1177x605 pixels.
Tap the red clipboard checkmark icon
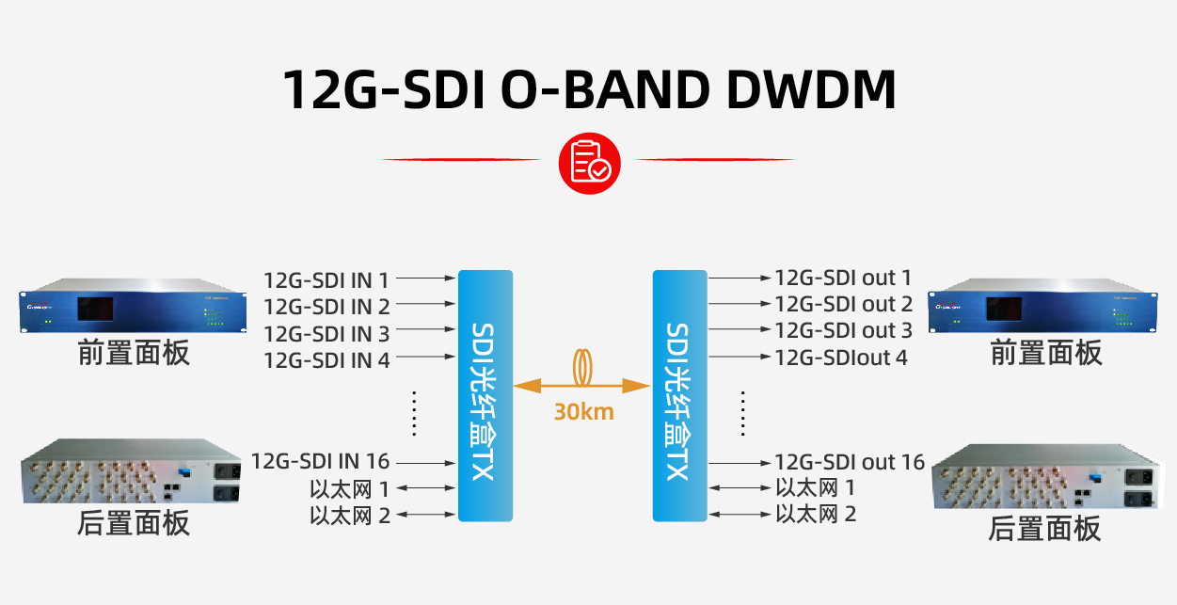tap(590, 162)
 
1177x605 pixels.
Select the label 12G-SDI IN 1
tap(326, 279)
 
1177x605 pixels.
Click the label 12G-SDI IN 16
tap(321, 461)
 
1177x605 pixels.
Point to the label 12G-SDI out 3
tap(843, 330)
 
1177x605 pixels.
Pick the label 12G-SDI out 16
tap(850, 462)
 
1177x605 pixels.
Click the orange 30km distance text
tap(583, 411)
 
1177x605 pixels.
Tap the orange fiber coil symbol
tap(583, 368)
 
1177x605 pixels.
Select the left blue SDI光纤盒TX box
tap(485, 395)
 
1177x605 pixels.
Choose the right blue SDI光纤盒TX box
tap(679, 395)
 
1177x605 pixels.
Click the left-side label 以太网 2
tap(350, 515)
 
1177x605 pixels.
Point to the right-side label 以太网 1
tap(815, 487)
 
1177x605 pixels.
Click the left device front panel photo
tap(133, 307)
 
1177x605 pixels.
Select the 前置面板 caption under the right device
tap(1045, 353)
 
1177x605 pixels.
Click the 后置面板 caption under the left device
tap(133, 522)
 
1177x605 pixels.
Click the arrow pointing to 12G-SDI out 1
tap(739, 279)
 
